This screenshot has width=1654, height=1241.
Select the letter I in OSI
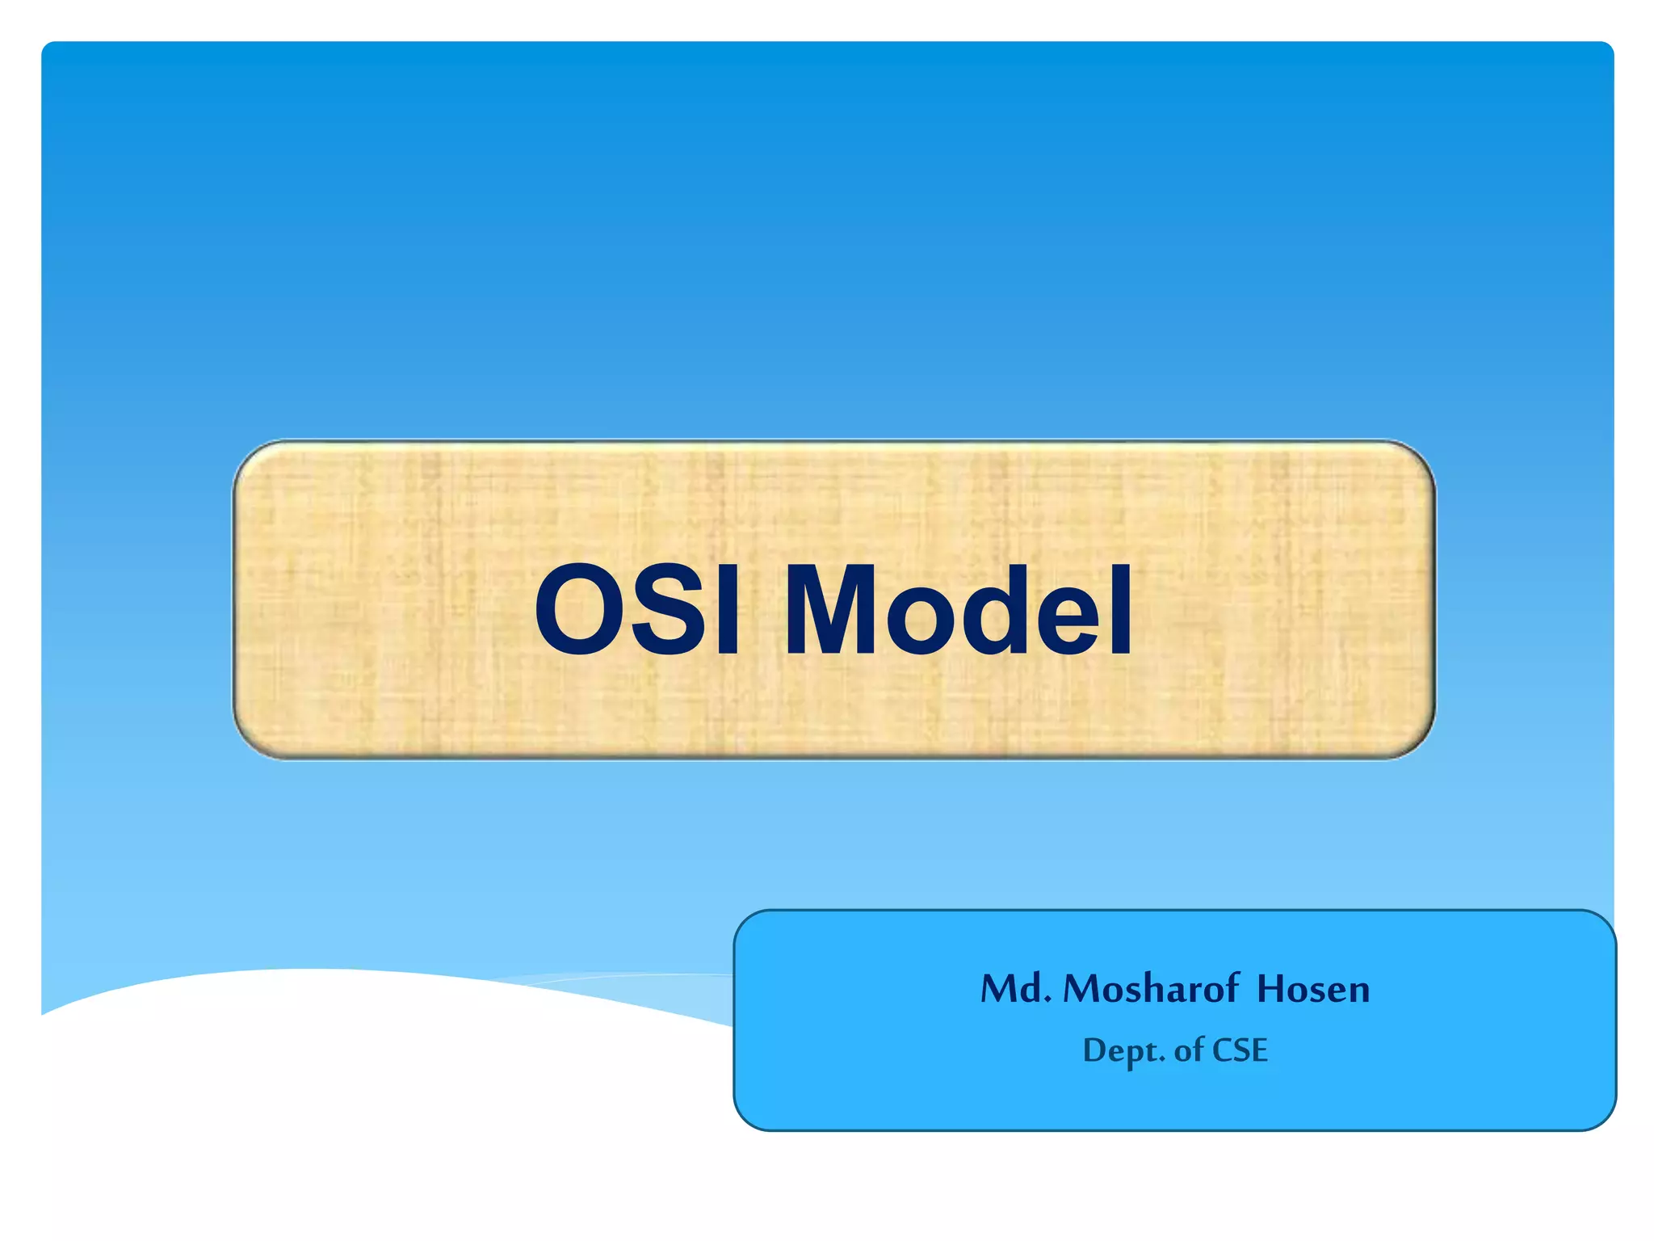[727, 610]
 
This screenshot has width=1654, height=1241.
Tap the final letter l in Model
[1121, 610]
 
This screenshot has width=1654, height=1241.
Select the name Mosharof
[1151, 988]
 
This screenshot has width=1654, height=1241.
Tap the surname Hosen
[1313, 988]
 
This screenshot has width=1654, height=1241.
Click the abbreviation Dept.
[1123, 1050]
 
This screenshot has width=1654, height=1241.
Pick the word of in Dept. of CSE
[1189, 1050]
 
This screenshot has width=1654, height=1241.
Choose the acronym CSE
[1240, 1050]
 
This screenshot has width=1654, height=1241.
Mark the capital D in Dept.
[1094, 1050]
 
